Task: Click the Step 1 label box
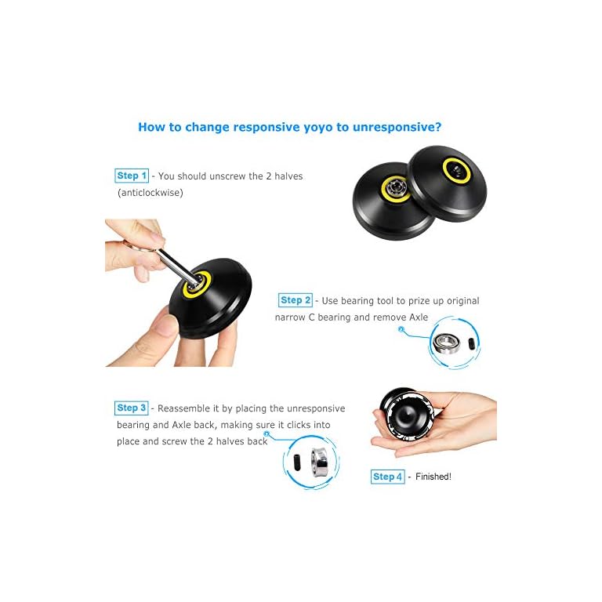click(x=131, y=176)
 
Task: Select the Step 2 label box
click(x=296, y=300)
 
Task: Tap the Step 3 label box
click(x=131, y=408)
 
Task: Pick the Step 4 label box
click(x=387, y=477)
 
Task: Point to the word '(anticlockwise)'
click(x=150, y=192)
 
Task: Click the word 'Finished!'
click(x=433, y=477)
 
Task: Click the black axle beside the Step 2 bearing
click(x=468, y=344)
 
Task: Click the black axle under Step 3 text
click(x=292, y=462)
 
